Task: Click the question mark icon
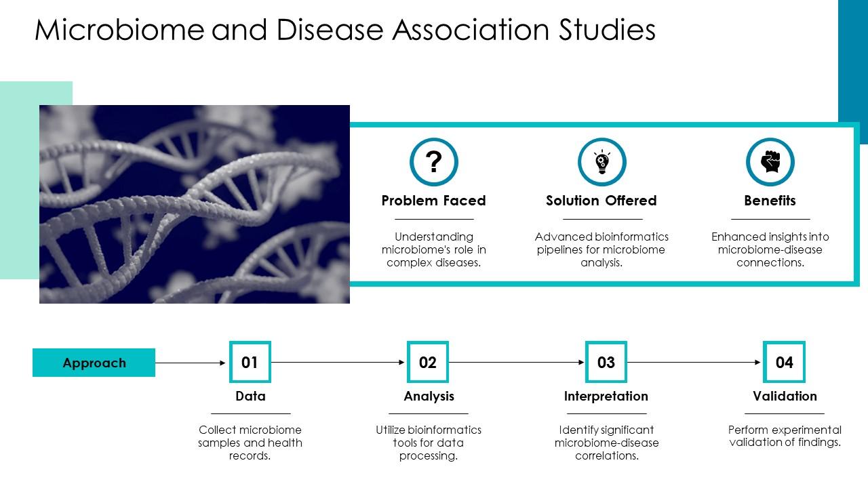434,162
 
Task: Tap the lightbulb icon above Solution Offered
601,162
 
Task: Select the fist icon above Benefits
770,162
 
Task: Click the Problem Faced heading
433,201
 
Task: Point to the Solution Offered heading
601,201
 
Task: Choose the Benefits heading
770,201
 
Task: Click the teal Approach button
94,363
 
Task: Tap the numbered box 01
250,363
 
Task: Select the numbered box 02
428,363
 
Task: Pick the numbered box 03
606,363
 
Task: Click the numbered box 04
784,363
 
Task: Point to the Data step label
250,396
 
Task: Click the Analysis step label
429,396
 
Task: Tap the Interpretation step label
606,396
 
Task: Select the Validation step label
785,396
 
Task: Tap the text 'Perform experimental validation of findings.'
785,436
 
